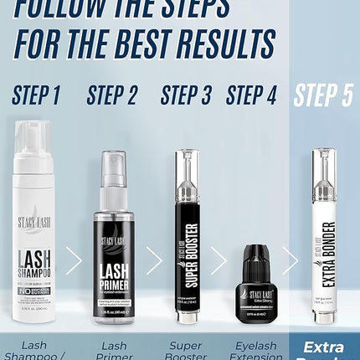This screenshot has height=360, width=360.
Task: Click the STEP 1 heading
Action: (x=36, y=95)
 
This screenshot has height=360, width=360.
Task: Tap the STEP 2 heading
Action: (x=111, y=95)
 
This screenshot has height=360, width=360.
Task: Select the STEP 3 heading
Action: (x=186, y=95)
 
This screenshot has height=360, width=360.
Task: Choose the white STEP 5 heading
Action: (x=322, y=95)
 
